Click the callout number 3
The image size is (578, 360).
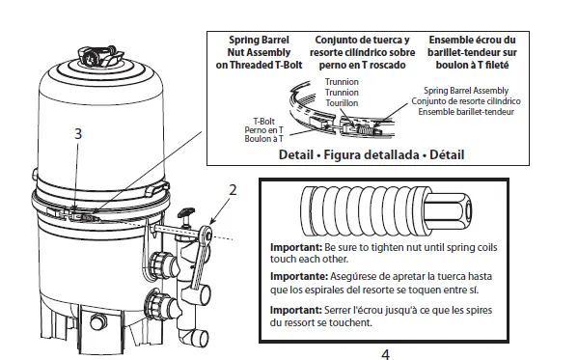point(78,135)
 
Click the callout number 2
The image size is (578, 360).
point(232,190)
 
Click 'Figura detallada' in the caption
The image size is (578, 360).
point(380,154)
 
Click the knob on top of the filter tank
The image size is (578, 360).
point(98,55)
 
